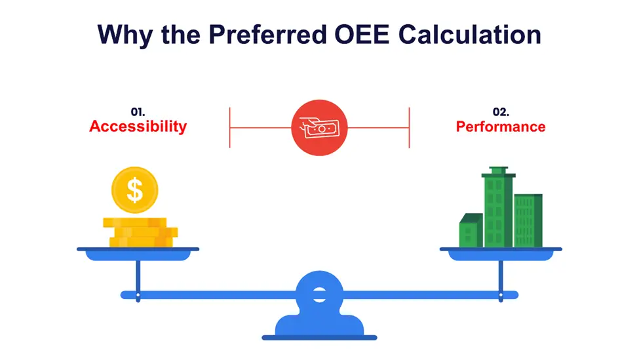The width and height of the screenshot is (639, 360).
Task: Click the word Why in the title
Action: pos(125,35)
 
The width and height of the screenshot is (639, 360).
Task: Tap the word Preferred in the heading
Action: pos(268,35)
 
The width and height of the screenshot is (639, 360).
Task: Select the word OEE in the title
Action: pos(362,34)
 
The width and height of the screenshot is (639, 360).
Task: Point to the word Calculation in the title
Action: pos(469,34)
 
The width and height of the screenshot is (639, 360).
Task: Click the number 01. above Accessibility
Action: pos(138,111)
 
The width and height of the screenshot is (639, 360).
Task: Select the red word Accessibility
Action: pos(138,127)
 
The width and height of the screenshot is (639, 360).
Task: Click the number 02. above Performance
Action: pos(501,111)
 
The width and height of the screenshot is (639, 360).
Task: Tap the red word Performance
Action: pos(501,127)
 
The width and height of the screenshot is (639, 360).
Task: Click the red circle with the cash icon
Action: pos(320,128)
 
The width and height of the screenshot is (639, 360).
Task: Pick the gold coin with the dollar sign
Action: pos(134,190)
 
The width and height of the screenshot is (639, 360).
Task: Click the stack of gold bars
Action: pos(140,232)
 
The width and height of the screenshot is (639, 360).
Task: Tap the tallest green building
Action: pos(498,207)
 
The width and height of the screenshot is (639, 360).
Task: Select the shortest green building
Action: pos(471,230)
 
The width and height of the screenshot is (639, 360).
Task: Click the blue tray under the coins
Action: pos(138,254)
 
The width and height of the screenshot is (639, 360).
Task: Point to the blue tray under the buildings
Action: pos(501,254)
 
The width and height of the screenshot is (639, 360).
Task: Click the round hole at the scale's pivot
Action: pos(320,294)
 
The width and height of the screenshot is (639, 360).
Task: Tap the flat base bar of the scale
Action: pos(320,338)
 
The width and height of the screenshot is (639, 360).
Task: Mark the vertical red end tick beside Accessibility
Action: pos(230,128)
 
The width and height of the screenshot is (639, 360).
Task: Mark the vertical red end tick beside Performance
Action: pos(409,128)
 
